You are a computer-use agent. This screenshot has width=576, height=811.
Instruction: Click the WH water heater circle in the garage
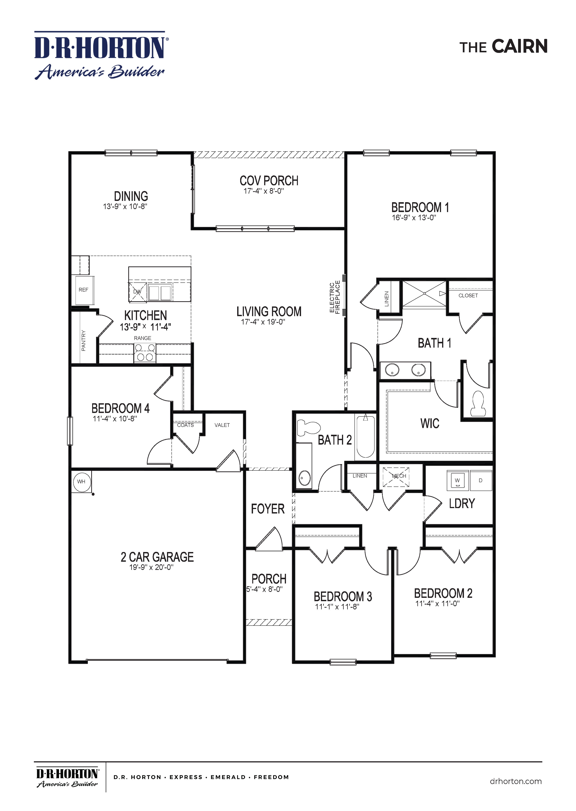(x=81, y=482)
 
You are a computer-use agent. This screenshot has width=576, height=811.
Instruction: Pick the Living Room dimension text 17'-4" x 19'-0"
(x=263, y=322)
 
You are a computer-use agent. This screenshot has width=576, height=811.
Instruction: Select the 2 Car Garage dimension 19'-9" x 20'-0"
(x=151, y=567)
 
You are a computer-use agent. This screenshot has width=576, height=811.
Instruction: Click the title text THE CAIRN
(x=503, y=47)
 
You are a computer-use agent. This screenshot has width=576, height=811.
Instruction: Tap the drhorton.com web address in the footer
(x=515, y=781)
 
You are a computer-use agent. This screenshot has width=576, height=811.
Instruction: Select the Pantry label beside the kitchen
(x=84, y=340)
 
